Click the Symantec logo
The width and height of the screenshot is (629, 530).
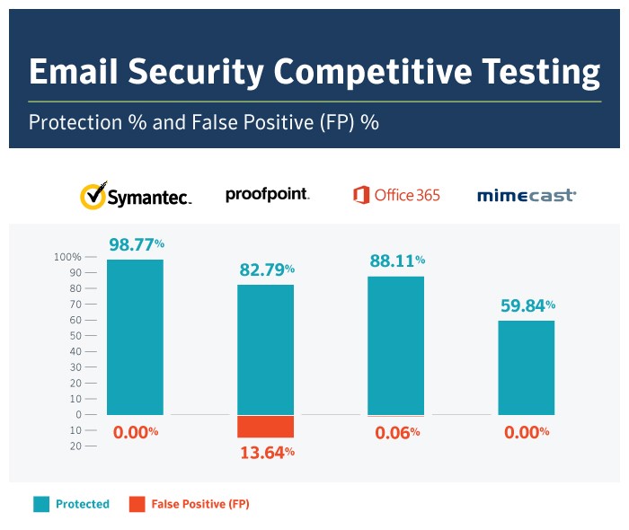click(136, 196)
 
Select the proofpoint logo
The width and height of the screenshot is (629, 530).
click(267, 194)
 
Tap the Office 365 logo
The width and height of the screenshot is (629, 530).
click(396, 195)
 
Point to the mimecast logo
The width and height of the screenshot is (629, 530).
click(527, 195)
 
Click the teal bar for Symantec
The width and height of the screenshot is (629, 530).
click(135, 337)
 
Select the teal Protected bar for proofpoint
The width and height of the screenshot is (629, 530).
click(265, 349)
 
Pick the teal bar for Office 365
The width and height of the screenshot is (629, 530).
click(395, 345)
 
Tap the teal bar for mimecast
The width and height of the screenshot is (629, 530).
click(526, 367)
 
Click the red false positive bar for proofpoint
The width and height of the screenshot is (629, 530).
click(265, 427)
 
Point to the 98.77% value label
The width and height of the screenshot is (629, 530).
click(137, 244)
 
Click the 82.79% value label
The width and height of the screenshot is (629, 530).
click(267, 269)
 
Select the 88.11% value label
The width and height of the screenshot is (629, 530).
click(397, 261)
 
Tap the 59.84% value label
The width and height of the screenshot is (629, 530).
click(527, 305)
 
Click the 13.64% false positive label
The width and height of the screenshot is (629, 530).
click(267, 452)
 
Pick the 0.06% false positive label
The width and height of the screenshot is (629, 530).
click(397, 432)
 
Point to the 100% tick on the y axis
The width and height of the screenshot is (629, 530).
click(68, 257)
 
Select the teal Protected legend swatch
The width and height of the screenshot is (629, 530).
click(41, 504)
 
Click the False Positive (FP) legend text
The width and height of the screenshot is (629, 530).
click(199, 504)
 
